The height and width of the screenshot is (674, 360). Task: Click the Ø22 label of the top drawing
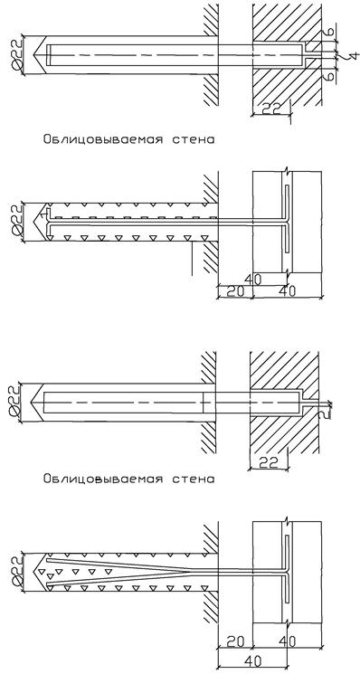coord(15,55)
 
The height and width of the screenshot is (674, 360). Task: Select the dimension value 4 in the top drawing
coord(353,55)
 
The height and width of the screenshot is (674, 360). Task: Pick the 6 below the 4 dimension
coord(327,76)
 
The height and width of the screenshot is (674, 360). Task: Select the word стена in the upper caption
coord(193,140)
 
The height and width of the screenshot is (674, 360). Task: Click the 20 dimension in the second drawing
coord(234,291)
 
